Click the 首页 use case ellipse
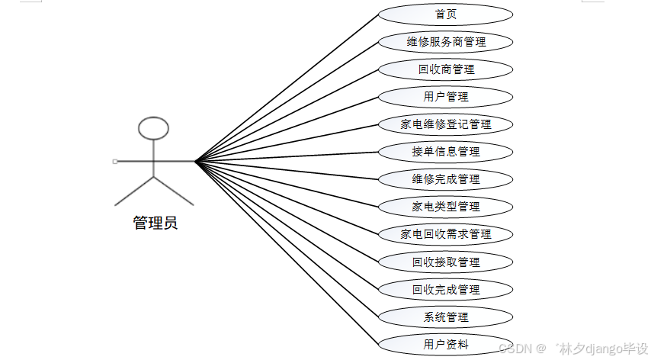click(445, 14)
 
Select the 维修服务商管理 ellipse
click(445, 42)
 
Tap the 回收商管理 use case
click(445, 69)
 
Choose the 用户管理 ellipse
click(445, 97)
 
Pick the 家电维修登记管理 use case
click(445, 124)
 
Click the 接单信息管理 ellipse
click(445, 152)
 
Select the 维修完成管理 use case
click(445, 179)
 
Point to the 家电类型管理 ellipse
click(445, 207)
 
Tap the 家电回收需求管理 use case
click(445, 234)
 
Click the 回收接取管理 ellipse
click(445, 262)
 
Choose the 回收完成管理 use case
click(445, 290)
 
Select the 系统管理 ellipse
click(445, 317)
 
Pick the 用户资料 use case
click(445, 345)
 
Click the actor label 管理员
click(155, 223)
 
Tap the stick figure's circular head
click(154, 128)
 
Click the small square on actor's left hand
click(114, 162)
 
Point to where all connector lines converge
click(195, 162)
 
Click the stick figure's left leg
click(134, 191)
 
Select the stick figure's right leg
click(174, 191)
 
